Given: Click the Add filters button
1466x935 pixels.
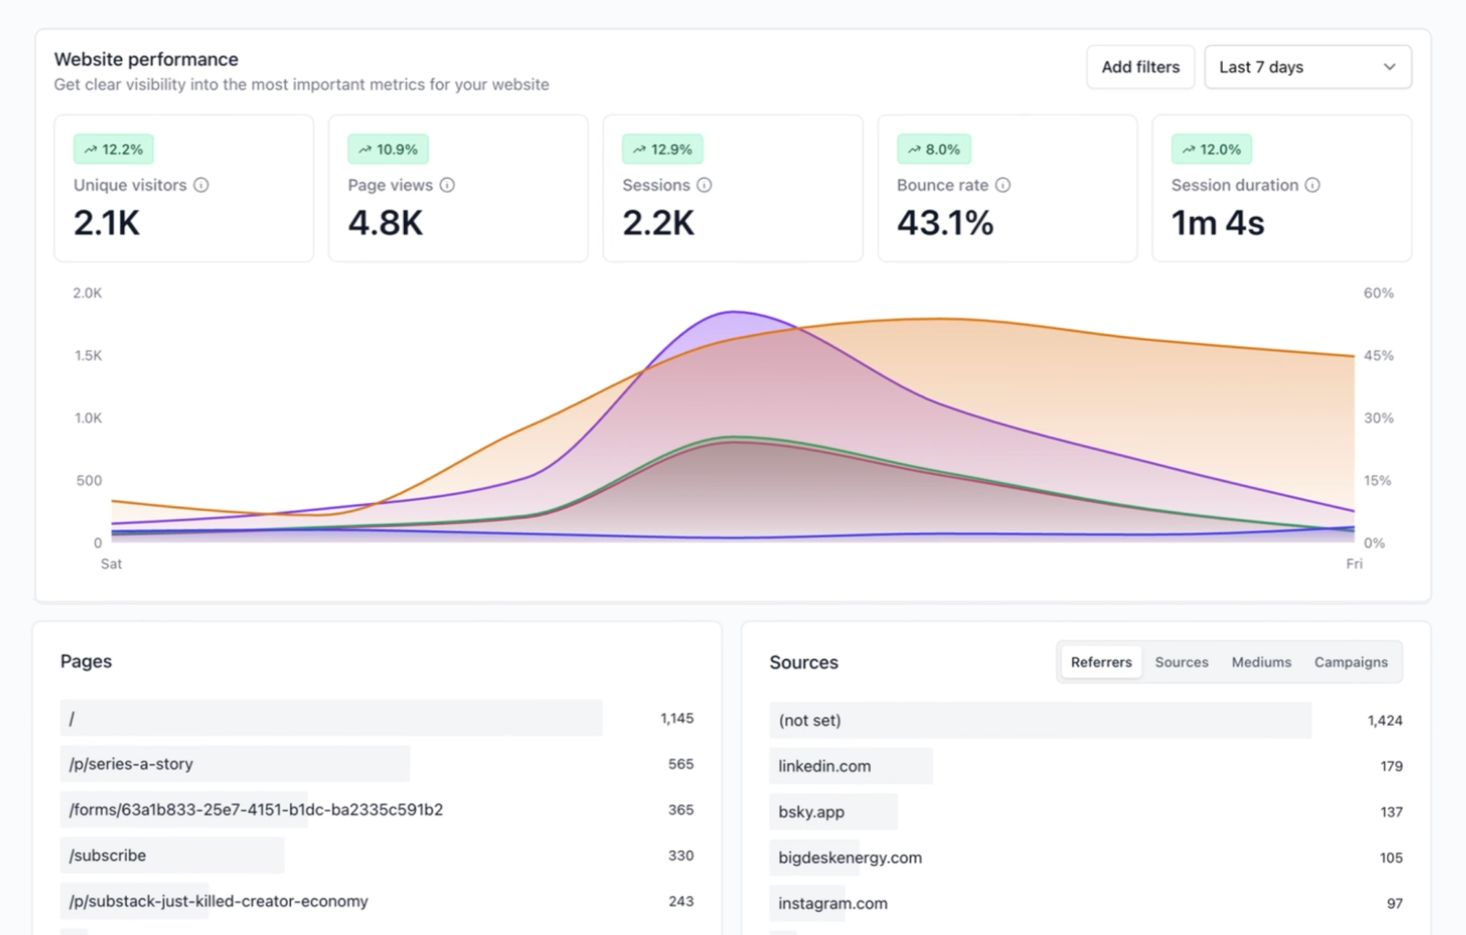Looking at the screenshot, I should (x=1140, y=67).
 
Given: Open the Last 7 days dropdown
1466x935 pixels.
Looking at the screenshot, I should (x=1307, y=67).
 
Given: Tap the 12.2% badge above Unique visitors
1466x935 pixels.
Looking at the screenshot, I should (x=113, y=149).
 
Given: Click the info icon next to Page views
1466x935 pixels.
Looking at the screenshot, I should (x=447, y=185).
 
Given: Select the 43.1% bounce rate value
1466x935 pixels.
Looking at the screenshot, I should (x=944, y=223).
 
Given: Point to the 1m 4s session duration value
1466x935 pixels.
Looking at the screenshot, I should (x=1217, y=223).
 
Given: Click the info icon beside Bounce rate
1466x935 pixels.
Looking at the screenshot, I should (x=1002, y=185).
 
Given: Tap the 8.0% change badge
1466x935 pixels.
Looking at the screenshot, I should (x=934, y=149).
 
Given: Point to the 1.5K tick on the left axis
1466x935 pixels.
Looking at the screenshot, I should (x=88, y=355).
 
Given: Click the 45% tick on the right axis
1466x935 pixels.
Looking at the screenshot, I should (x=1378, y=355).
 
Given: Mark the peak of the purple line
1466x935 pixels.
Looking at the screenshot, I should (x=733, y=312).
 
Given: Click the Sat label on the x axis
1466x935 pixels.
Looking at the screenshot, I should (x=111, y=564).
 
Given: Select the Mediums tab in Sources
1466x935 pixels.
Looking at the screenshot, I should (x=1261, y=662).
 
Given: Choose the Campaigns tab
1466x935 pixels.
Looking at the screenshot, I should (x=1350, y=662).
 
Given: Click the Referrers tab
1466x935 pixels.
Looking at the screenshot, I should (x=1100, y=662).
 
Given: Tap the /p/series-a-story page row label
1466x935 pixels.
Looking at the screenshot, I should (x=131, y=764).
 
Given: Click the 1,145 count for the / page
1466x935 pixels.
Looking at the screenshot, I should (x=676, y=718).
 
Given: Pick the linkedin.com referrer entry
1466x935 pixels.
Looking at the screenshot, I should (x=824, y=766).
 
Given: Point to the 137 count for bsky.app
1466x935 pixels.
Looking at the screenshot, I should (x=1391, y=812).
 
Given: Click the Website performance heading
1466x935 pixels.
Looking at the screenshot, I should (x=146, y=59).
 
